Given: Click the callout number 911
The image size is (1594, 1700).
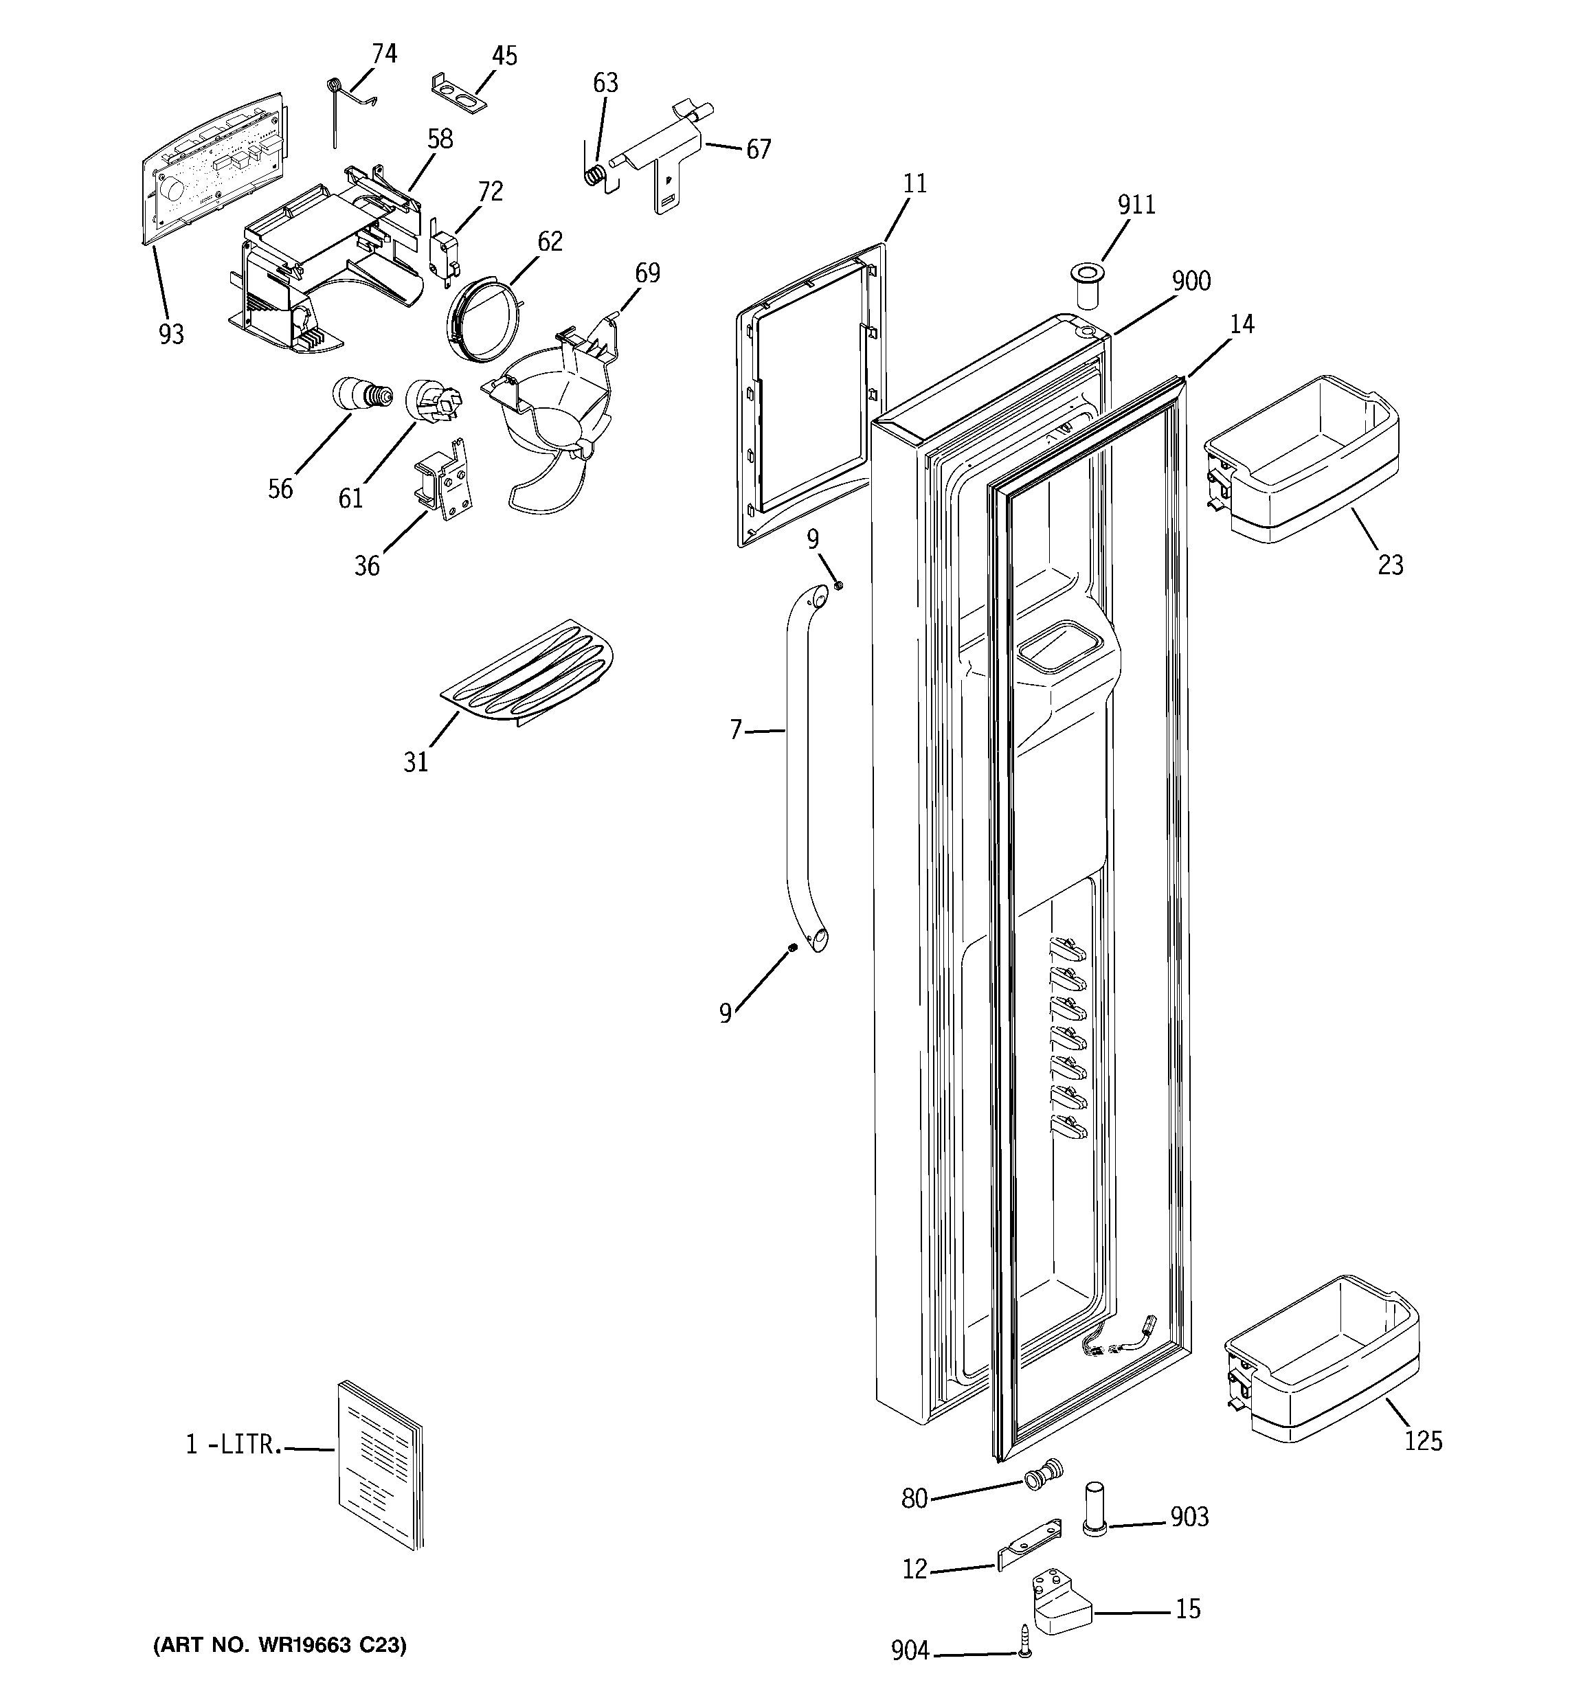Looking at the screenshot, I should (x=1136, y=205).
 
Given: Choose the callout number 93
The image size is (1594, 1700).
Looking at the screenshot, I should (x=171, y=335).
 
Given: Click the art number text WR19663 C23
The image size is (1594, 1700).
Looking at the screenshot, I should (x=279, y=1644).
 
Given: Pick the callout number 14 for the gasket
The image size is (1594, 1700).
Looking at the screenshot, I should (x=1242, y=324).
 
